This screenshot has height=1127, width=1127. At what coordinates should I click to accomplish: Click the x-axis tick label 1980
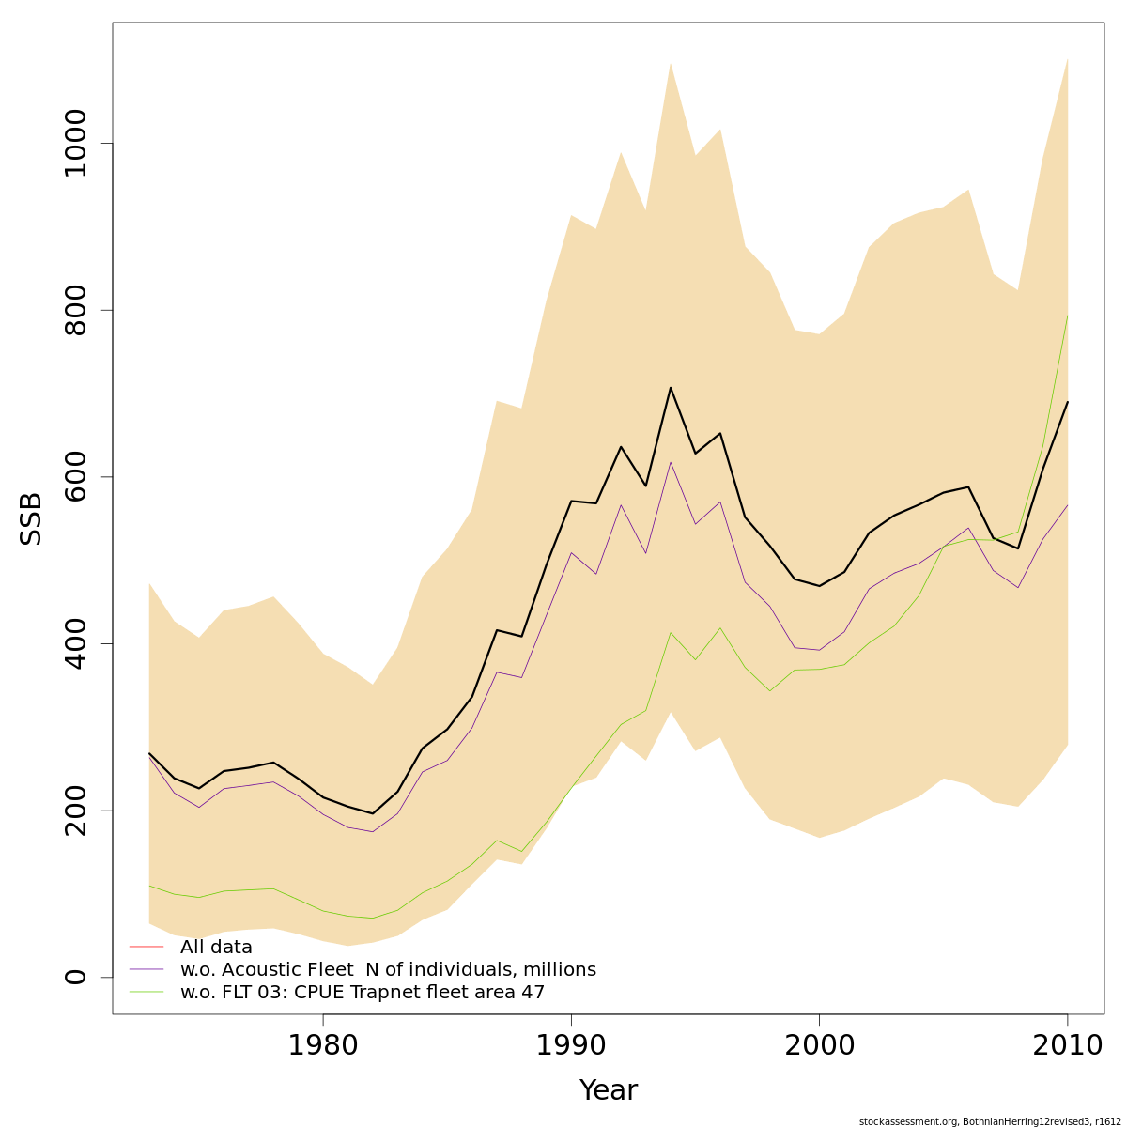(x=323, y=1046)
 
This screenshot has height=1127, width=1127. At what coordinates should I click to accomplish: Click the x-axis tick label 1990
(x=571, y=1046)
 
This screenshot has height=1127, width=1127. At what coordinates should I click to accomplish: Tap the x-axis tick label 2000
(x=819, y=1046)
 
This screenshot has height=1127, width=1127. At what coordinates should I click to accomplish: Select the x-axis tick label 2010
(x=1067, y=1046)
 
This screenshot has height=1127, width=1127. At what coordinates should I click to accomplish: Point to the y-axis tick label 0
(x=75, y=977)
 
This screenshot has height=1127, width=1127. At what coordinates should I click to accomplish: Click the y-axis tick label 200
(x=75, y=811)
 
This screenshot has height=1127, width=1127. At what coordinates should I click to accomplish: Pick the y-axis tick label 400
(x=75, y=643)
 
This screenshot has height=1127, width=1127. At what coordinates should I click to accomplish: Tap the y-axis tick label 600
(x=75, y=477)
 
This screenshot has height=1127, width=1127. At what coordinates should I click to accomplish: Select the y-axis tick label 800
(x=75, y=310)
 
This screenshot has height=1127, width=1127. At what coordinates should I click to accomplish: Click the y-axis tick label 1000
(x=75, y=143)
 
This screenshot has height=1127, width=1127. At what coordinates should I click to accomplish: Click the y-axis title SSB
(x=32, y=518)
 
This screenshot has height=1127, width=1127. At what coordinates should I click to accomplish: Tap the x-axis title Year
(x=608, y=1090)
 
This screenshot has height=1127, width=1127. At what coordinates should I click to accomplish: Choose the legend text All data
(x=216, y=948)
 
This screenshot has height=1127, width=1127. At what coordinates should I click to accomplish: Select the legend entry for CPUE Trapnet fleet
(x=363, y=993)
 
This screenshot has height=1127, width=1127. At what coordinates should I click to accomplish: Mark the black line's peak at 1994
(x=671, y=387)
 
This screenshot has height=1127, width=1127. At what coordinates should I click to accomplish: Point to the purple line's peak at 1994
(x=671, y=461)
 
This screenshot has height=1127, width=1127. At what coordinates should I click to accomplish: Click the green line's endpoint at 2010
(x=1067, y=316)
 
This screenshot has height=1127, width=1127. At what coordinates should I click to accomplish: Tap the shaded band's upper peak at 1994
(x=671, y=63)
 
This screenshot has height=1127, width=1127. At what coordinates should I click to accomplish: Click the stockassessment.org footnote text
(x=990, y=1121)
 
